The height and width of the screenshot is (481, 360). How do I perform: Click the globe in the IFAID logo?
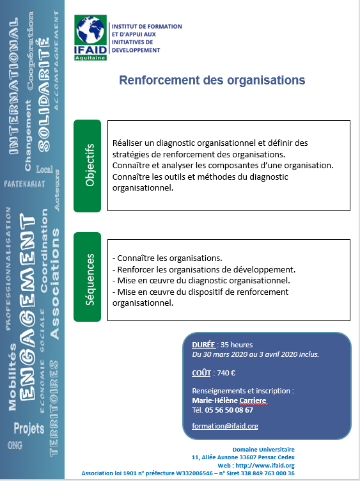[x=90, y=30]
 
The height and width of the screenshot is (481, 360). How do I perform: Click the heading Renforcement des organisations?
[x=212, y=81]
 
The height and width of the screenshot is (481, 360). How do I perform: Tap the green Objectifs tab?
[x=88, y=166]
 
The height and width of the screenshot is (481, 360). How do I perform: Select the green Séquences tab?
[x=88, y=277]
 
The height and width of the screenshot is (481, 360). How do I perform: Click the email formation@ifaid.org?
[x=225, y=426]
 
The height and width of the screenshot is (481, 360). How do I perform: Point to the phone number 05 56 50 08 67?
[x=229, y=410]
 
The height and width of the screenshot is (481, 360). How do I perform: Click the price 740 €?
[x=226, y=373]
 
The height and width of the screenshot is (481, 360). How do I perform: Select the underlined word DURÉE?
[x=203, y=345]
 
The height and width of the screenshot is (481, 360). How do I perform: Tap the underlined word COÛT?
[x=201, y=373]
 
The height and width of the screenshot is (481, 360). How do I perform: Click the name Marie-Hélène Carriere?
[x=229, y=400]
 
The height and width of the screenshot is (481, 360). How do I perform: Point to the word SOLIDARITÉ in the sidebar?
[x=43, y=95]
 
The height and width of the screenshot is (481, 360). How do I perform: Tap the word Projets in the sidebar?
[x=29, y=429]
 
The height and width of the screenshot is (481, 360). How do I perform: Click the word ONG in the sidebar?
[x=15, y=445]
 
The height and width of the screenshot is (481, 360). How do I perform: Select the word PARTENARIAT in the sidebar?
[x=24, y=184]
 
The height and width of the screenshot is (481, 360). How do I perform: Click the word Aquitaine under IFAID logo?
[x=90, y=58]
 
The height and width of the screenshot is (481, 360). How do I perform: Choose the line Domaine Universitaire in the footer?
[x=263, y=450]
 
